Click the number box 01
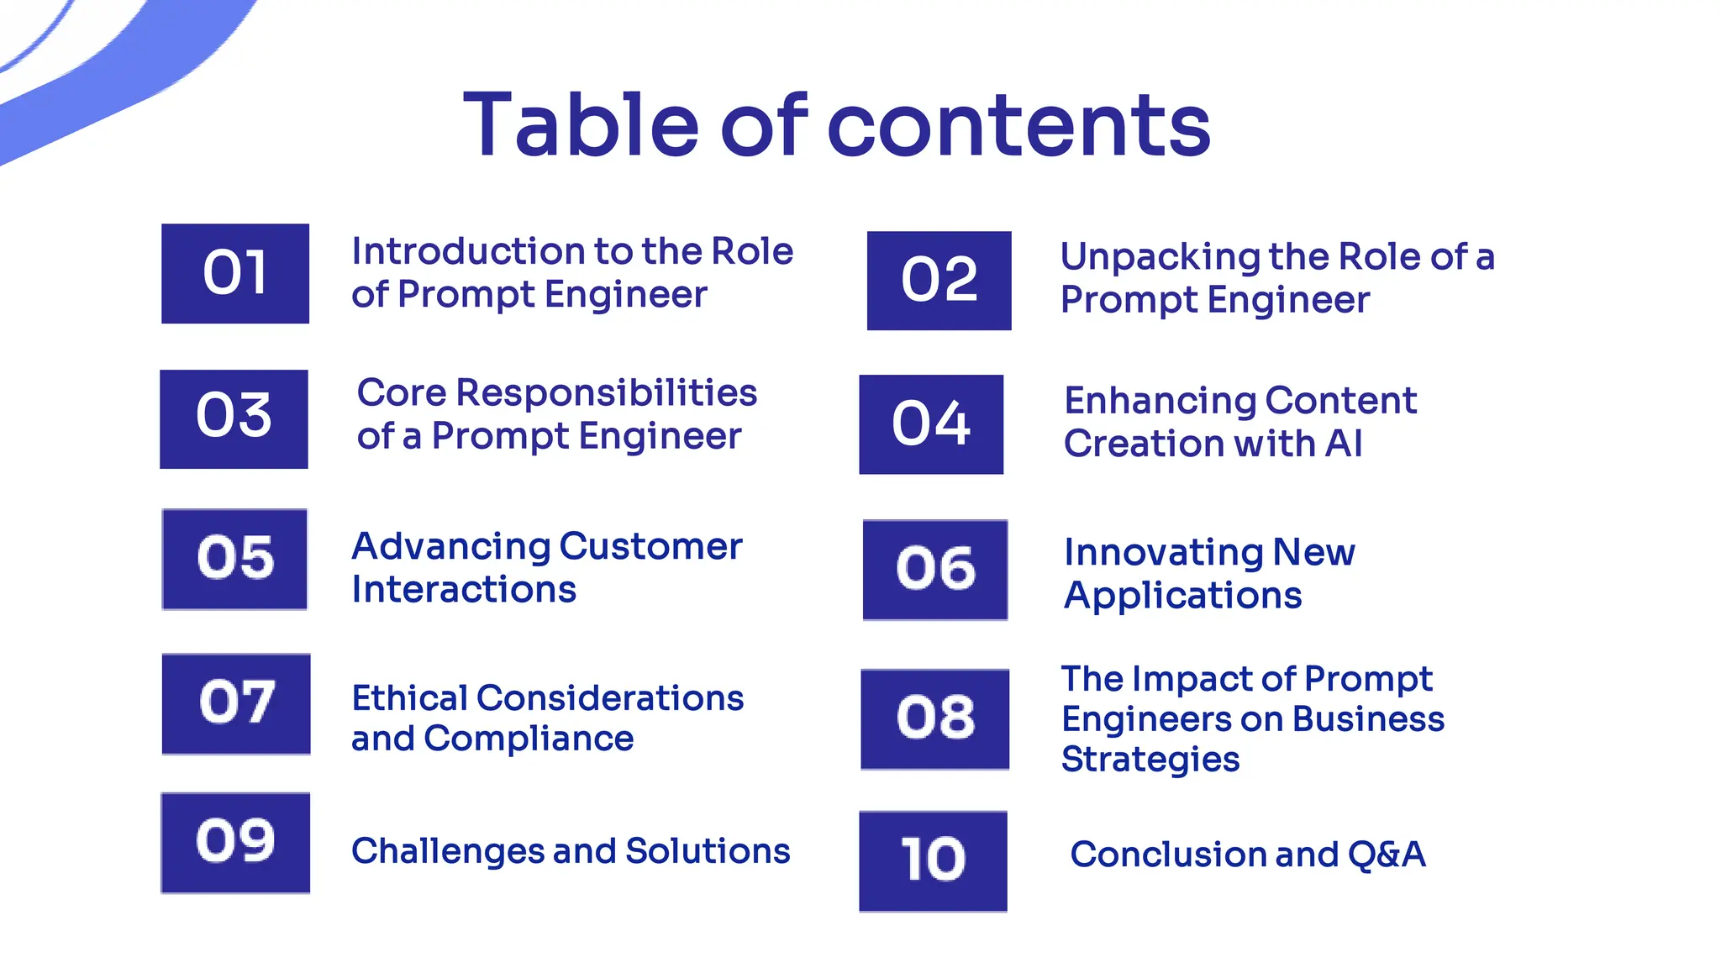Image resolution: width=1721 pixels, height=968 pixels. click(x=235, y=273)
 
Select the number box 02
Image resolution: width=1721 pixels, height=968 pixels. click(x=939, y=281)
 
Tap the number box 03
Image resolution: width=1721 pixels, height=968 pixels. click(x=234, y=418)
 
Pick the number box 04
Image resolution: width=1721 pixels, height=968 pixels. click(x=931, y=424)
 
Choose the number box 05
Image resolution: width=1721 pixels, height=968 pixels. click(x=234, y=559)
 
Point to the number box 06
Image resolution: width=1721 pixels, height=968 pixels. click(x=935, y=570)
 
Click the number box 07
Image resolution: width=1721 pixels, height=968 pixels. click(x=236, y=704)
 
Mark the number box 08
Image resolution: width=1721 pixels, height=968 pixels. click(x=935, y=719)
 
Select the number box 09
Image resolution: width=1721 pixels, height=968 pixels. click(x=235, y=843)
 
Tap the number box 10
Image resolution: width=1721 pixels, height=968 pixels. click(x=933, y=861)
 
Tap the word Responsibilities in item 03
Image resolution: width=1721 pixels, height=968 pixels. click(x=606, y=393)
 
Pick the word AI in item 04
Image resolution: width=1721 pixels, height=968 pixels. click(x=1343, y=443)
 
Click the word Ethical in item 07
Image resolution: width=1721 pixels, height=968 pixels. click(x=409, y=698)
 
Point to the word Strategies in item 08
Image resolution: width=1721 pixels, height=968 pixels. click(x=1150, y=760)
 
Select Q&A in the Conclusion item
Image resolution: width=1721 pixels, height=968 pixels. click(x=1387, y=855)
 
